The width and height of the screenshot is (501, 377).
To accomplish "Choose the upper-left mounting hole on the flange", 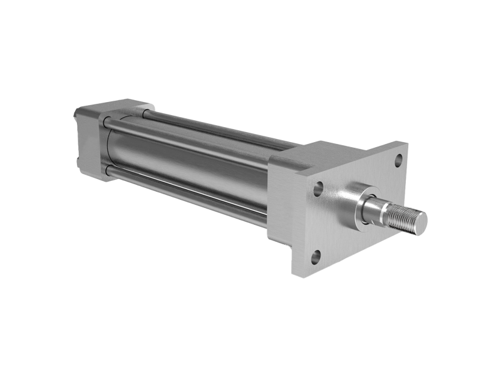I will [x=318, y=188].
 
